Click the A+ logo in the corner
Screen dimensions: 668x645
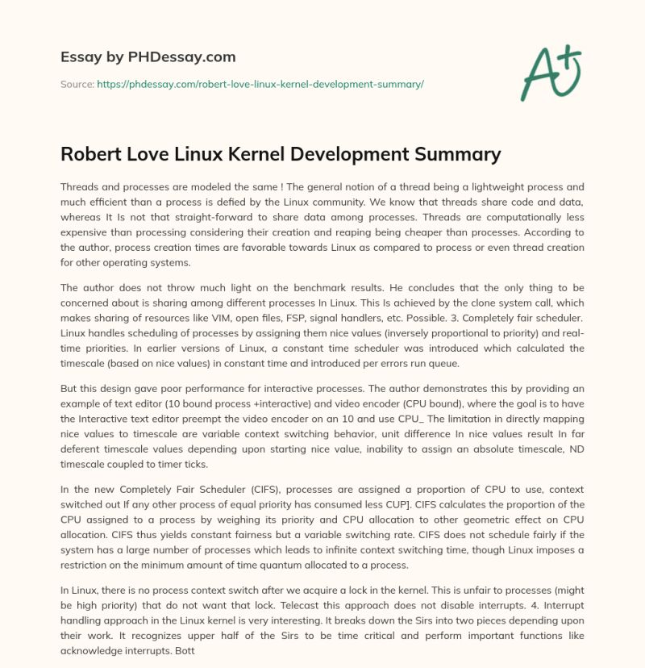(553, 73)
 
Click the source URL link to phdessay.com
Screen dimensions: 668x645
(260, 84)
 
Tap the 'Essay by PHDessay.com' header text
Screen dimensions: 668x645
(148, 56)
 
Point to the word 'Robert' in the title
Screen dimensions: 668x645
(92, 153)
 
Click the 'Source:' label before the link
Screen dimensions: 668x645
(77, 84)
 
